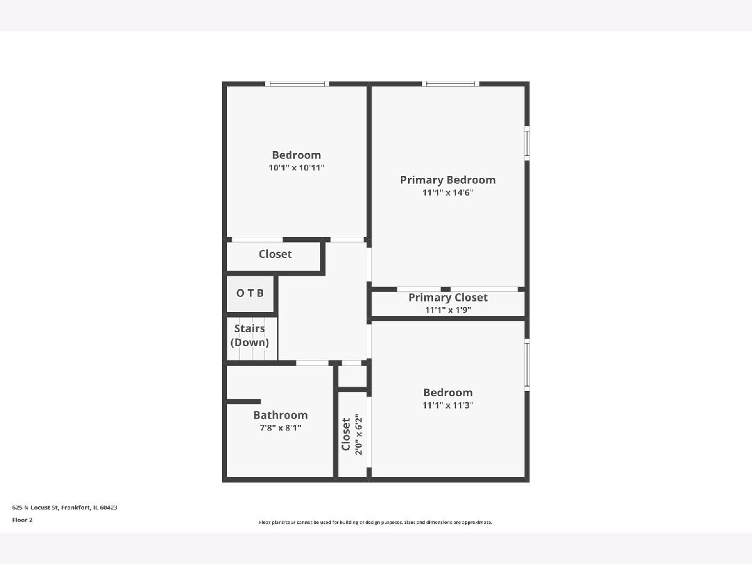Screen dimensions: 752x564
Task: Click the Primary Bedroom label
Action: coord(448,180)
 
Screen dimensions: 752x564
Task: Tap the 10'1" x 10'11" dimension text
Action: coord(296,168)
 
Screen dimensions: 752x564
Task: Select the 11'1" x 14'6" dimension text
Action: coord(448,192)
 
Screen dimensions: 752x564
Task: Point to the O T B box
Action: coord(250,294)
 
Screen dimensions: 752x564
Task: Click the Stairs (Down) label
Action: coord(250,335)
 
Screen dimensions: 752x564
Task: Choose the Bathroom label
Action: coord(280,415)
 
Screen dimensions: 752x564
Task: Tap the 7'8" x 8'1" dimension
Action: coord(280,428)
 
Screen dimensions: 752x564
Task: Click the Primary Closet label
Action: coord(448,297)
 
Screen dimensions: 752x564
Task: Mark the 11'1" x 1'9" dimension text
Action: coord(448,310)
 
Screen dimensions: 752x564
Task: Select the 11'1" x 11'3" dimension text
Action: coord(448,405)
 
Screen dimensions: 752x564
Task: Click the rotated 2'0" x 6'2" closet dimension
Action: coord(358,434)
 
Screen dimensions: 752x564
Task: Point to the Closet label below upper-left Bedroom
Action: coord(275,254)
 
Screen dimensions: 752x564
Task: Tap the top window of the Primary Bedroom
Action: coord(451,83)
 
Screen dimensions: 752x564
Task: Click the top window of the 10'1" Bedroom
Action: coord(296,83)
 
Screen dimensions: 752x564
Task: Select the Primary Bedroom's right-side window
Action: coord(527,143)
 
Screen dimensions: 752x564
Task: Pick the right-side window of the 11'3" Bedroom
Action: coord(527,365)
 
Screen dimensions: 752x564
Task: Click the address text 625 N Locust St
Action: coord(35,508)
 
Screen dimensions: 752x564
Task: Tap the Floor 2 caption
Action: coord(23,520)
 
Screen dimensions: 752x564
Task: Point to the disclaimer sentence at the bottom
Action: coord(375,522)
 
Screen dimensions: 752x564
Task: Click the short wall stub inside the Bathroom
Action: coord(244,402)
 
